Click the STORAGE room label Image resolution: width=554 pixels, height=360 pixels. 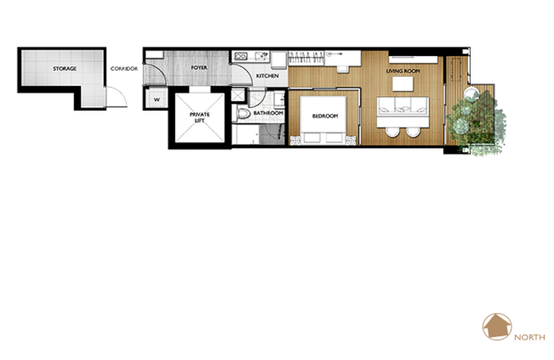pyautogui.click(x=64, y=69)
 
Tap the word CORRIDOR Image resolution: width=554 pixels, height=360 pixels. pyautogui.click(x=124, y=69)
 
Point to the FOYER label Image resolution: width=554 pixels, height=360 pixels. pyautogui.click(x=199, y=67)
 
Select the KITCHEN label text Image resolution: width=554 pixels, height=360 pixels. pyautogui.click(x=267, y=75)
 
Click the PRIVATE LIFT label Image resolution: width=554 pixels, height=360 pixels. pyautogui.click(x=199, y=117)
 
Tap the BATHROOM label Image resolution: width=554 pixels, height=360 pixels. pyautogui.click(x=268, y=113)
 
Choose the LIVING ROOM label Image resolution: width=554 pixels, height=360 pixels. pyautogui.click(x=403, y=71)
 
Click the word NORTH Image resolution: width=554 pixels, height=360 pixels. pyautogui.click(x=529, y=337)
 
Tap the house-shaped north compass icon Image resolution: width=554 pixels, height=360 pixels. pyautogui.click(x=497, y=327)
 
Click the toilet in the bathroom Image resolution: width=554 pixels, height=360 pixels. pyautogui.click(x=242, y=114)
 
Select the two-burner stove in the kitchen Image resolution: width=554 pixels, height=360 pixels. pyautogui.click(x=240, y=56)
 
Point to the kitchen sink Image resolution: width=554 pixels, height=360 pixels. pyautogui.click(x=262, y=55)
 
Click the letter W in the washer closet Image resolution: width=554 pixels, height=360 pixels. pyautogui.click(x=157, y=100)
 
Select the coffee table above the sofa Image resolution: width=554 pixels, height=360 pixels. pyautogui.click(x=403, y=84)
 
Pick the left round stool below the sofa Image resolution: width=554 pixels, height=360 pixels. pyautogui.click(x=392, y=132)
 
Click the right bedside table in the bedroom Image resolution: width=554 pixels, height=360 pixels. pyautogui.click(x=351, y=141)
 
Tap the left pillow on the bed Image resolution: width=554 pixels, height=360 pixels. pyautogui.click(x=312, y=138)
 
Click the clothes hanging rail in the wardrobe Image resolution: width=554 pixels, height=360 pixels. pyautogui.click(x=306, y=58)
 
